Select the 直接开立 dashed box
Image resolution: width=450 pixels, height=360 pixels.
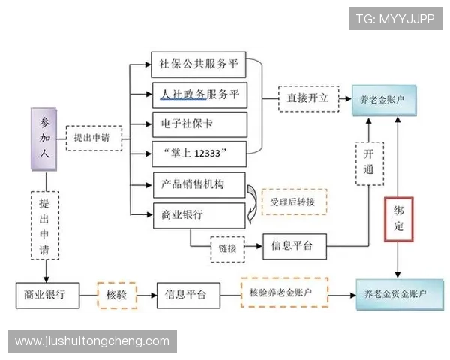pyautogui.click(x=305, y=98)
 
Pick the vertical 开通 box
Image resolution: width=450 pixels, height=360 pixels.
pyautogui.click(x=367, y=163)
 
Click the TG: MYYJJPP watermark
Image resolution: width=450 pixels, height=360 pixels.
pyautogui.click(x=394, y=19)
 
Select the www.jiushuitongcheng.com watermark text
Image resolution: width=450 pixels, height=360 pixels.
pyautogui.click(x=92, y=341)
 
